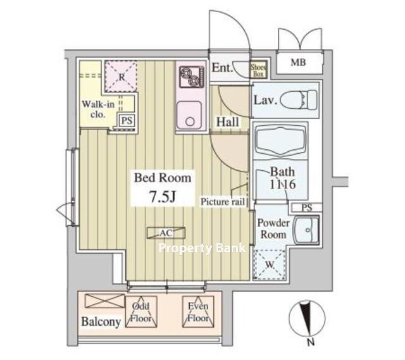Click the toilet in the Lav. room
click(299, 100)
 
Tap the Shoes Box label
click(258, 70)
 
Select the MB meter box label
click(298, 62)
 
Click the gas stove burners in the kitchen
click(192, 77)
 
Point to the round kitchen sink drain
click(190, 121)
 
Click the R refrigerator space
click(121, 77)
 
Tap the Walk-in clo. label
click(98, 109)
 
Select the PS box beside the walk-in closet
click(127, 120)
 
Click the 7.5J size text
click(163, 197)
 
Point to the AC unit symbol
click(166, 233)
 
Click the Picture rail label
click(223, 202)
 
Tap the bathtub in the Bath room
click(280, 140)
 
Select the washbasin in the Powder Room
click(306, 230)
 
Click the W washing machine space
click(270, 264)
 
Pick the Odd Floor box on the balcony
click(141, 312)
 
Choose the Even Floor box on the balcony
click(198, 312)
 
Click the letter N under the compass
click(311, 342)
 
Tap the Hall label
click(228, 122)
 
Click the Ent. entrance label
click(222, 68)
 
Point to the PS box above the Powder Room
click(306, 208)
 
